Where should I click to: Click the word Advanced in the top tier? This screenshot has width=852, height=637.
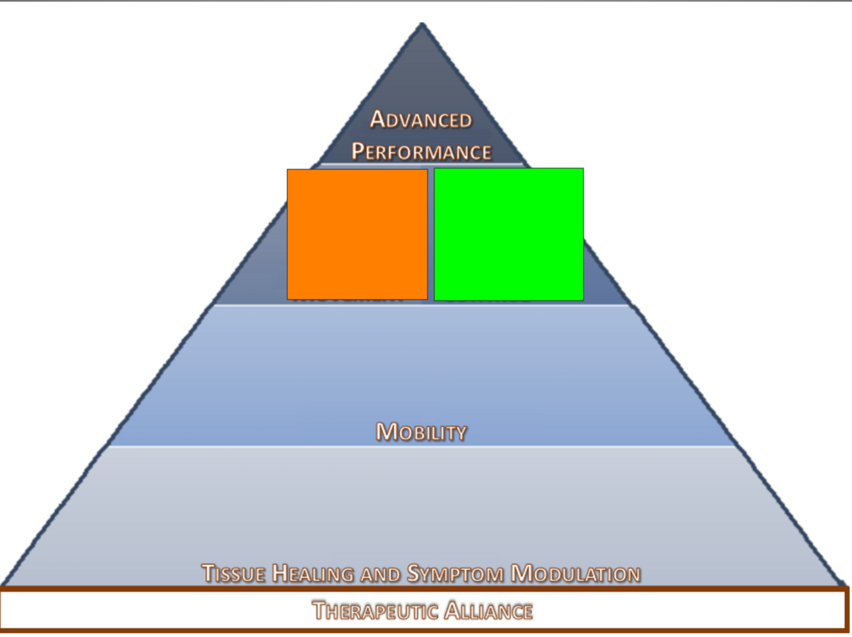click(421, 119)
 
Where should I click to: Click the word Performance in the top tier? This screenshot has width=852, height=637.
click(422, 151)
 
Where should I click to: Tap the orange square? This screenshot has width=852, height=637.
click(357, 234)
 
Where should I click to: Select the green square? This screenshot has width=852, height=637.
click(508, 234)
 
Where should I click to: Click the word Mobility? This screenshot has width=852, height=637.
click(421, 432)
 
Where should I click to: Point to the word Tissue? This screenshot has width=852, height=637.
click(233, 573)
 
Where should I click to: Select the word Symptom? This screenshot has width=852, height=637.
click(455, 573)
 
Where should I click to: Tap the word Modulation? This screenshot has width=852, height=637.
click(575, 573)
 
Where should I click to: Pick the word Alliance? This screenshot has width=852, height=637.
click(489, 611)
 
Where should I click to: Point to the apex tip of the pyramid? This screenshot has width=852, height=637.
click(422, 25)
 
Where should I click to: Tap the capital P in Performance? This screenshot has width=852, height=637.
click(358, 151)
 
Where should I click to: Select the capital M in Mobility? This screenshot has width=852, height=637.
click(387, 432)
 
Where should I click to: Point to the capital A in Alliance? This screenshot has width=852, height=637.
click(453, 610)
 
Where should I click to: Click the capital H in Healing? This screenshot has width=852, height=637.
click(280, 573)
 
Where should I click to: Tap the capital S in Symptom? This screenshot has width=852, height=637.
click(414, 573)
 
